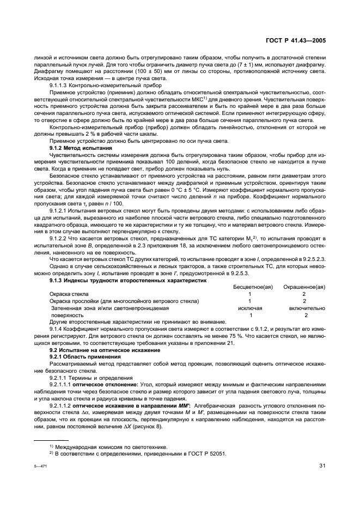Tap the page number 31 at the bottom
coord(322,464)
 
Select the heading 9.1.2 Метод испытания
coord(81,148)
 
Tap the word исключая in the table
coord(249,308)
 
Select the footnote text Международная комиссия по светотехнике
coord(106,446)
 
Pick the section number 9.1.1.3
coord(59,85)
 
